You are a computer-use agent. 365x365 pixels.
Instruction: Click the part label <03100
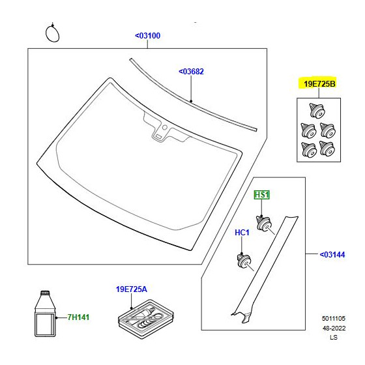point(148,36)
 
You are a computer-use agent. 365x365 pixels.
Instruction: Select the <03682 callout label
point(191,72)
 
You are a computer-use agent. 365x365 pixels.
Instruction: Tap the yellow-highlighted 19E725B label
point(319,84)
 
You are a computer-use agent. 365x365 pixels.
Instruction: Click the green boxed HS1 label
point(261,195)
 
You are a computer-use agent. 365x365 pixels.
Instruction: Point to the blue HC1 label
point(242,232)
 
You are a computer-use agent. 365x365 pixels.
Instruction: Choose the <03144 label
point(332,255)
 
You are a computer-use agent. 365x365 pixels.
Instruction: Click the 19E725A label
point(132,289)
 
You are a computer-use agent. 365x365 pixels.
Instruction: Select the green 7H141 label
point(78,317)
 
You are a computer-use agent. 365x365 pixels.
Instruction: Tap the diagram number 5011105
point(334,319)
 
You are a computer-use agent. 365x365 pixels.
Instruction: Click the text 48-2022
point(334,328)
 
